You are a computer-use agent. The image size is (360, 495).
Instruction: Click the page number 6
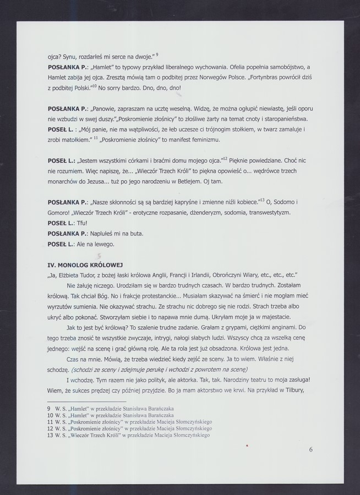pos(311,449)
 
